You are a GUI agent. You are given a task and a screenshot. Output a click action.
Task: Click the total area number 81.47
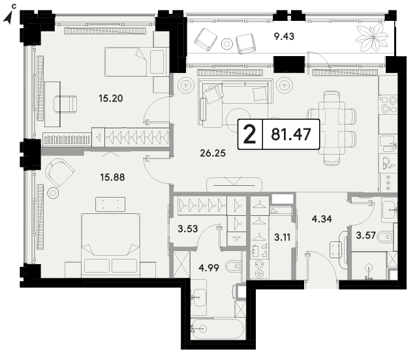pos(291,134)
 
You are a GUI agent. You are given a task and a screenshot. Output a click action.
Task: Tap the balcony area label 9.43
pos(284,36)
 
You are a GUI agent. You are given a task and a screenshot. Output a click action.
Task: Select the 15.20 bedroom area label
pos(111,98)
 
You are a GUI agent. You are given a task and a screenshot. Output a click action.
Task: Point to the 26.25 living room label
pos(213,153)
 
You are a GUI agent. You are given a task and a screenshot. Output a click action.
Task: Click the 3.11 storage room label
pos(282,237)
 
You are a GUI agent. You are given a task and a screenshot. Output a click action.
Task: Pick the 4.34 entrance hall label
pos(322,219)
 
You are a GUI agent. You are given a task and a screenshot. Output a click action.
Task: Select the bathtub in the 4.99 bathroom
pos(217,329)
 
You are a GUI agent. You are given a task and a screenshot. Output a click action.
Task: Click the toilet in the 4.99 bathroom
pos(233,266)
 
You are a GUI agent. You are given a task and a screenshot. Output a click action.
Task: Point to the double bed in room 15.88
pos(111,245)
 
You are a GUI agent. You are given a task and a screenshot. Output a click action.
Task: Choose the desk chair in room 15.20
pos(65,104)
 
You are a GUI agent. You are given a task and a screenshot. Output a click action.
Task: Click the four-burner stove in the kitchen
pos(389,104)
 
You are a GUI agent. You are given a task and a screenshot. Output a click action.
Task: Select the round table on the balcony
pos(227,44)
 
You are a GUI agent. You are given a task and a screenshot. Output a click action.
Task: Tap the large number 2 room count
pos(250,134)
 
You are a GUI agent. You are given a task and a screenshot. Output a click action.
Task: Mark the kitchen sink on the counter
pos(388,143)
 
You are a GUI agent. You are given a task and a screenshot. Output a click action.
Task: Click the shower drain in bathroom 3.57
pos(369,266)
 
